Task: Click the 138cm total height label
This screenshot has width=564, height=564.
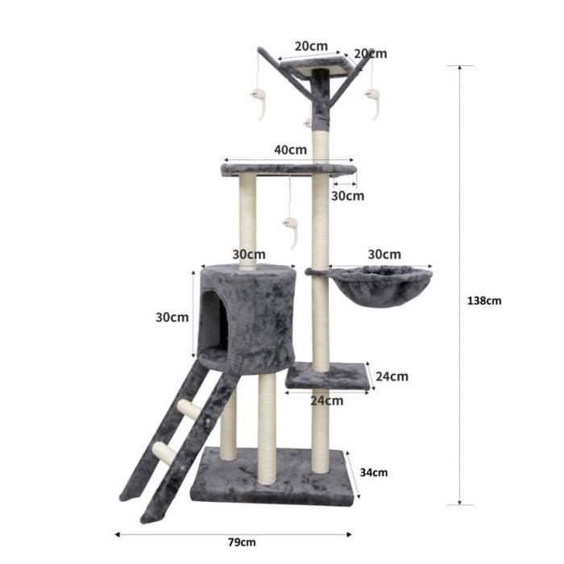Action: [x=484, y=301]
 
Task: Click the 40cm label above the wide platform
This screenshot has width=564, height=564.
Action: [x=290, y=149]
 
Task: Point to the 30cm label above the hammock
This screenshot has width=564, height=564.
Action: [x=384, y=254]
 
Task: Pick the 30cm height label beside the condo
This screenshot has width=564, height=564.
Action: [x=172, y=317]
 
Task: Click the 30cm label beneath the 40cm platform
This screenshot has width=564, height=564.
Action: [x=347, y=196]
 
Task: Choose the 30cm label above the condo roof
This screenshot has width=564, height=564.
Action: [x=249, y=254]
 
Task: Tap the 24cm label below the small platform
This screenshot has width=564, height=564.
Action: [x=327, y=400]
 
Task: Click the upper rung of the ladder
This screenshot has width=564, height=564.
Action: [x=190, y=409]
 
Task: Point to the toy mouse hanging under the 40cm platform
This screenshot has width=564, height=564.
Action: [x=290, y=230]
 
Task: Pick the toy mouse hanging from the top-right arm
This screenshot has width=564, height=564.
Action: [x=373, y=102]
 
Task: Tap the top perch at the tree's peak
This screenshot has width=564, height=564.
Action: [x=319, y=66]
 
